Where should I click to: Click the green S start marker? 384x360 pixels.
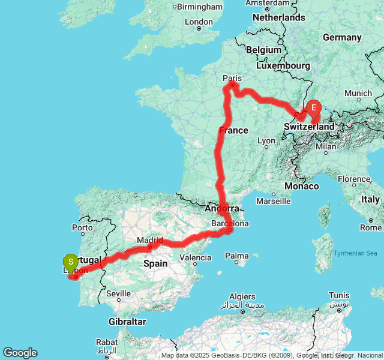pos(71,262)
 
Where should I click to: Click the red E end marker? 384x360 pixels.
pos(313,109)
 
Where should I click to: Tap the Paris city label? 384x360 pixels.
pos(232,78)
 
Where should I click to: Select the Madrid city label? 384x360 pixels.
pos(149,240)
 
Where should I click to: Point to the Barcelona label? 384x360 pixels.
pos(230,223)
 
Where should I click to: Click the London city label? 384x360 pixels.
pos(199,22)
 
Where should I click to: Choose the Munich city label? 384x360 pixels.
pos(358,93)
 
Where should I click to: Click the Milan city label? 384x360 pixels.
pos(326,146)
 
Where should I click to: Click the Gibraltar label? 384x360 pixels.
pos(127,322)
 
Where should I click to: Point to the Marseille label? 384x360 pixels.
pos(273,201)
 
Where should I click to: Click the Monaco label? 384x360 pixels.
pos(302,186)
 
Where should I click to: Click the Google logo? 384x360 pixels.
pos(20,353)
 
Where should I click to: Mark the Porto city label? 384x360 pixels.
pos(82,227)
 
